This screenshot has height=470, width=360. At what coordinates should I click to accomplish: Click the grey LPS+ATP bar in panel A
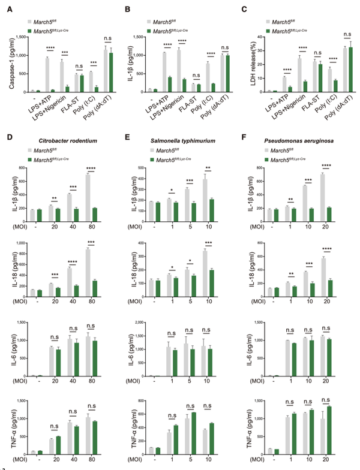click(47, 75)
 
